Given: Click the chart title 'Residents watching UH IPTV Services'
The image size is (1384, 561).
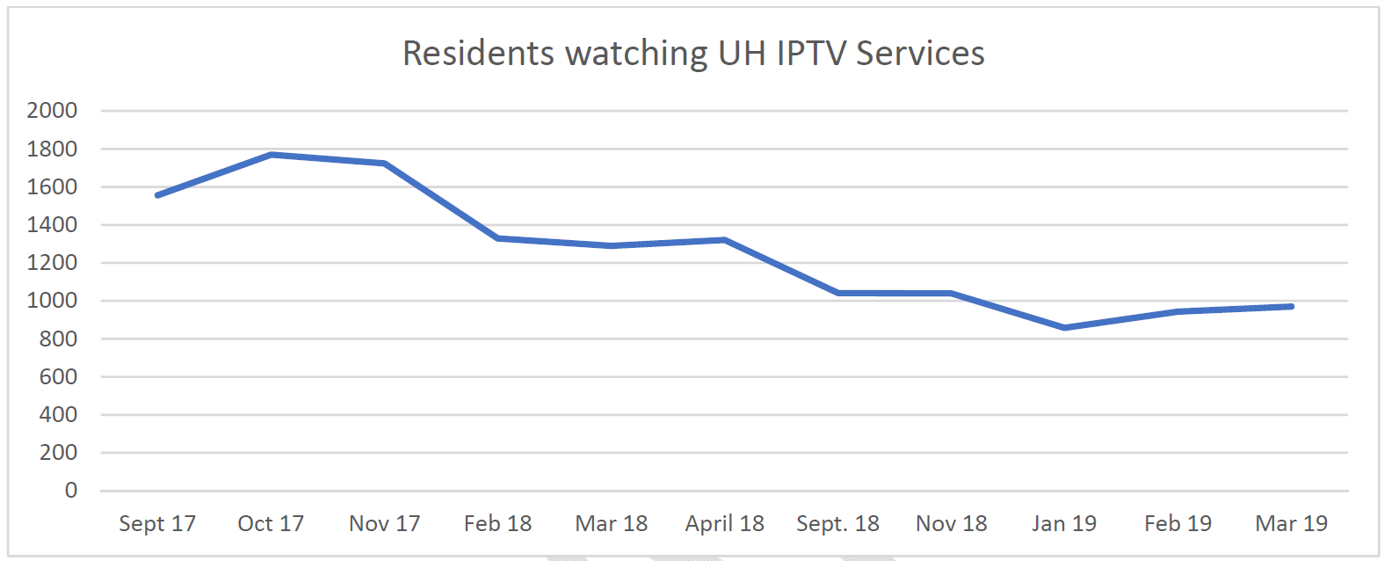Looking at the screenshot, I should point(693,54).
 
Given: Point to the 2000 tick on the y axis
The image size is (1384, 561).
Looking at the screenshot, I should point(52,111).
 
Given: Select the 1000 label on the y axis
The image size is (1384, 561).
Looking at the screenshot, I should point(52,301).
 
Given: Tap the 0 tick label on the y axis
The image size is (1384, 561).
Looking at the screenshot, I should point(71,491).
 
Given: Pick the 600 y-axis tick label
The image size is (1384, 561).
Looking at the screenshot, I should point(58,376).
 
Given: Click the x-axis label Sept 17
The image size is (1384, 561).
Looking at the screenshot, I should point(157,524).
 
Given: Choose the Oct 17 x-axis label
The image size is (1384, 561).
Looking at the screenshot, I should point(271,524).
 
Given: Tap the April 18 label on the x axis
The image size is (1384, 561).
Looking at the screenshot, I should point(725,524).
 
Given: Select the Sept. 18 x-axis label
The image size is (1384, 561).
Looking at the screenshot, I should point(837,524).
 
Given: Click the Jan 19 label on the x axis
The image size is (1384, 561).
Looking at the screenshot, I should point(1064,524).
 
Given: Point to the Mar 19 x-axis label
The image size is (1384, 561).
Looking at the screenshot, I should point(1291,524).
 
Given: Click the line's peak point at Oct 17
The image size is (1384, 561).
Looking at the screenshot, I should point(272,155).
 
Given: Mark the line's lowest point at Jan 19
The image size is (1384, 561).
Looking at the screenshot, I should point(1065,327).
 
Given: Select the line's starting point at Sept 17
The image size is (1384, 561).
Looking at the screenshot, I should point(157,195).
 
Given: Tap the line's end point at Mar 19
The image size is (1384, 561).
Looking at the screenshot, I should point(1291,306).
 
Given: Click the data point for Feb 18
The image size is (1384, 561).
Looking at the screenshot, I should point(498,238).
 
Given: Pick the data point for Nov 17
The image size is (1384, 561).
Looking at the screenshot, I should point(385,164).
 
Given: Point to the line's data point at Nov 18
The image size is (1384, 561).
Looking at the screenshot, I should point(952,293).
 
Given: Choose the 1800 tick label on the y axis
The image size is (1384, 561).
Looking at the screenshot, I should point(52,149).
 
